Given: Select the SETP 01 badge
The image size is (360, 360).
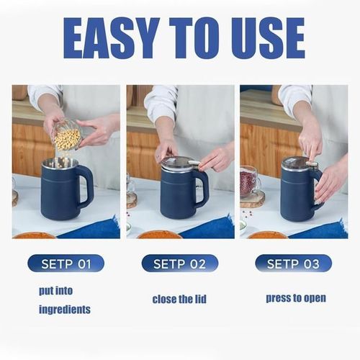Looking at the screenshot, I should point(66,264).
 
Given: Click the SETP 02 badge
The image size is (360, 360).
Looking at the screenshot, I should point(179,264).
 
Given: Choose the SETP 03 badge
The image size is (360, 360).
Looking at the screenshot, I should point(293,264).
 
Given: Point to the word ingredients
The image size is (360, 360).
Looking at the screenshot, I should point(65,310).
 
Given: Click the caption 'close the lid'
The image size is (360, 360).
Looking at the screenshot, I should point(179,298).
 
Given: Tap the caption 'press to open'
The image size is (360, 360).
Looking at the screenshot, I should point(295,297).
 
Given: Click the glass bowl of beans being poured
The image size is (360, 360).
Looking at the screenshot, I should point(66,135).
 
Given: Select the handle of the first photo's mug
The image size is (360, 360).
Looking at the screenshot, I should point(86,186).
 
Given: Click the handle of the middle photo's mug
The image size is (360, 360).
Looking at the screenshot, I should point(202,188).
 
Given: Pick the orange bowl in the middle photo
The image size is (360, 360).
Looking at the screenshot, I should point(159,234).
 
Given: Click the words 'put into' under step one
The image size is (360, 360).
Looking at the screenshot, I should point(56,292).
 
